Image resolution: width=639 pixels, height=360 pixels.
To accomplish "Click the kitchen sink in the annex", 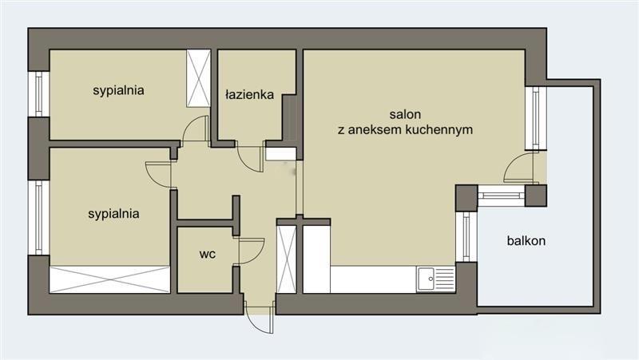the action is pyautogui.click(x=435, y=279).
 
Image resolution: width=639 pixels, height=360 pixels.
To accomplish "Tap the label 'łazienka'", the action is pyautogui.click(x=249, y=95).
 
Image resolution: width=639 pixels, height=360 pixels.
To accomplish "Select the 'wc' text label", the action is pyautogui.click(x=208, y=254).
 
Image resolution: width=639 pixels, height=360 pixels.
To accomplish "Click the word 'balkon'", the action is pyautogui.click(x=526, y=241).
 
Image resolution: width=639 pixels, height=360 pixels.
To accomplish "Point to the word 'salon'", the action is pyautogui.click(x=405, y=114).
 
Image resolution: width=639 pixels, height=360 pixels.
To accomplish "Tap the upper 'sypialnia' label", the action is pyautogui.click(x=118, y=90).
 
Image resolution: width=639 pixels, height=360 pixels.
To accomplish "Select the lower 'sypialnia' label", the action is pyautogui.click(x=113, y=214).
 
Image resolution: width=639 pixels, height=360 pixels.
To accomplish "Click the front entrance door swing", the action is pyautogui.click(x=259, y=318).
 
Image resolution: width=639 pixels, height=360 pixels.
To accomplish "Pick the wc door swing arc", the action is pyautogui.click(x=252, y=251).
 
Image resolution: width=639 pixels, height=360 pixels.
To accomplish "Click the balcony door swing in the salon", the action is pyautogui.click(x=518, y=168).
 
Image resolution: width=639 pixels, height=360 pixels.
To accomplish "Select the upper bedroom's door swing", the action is pyautogui.click(x=195, y=129).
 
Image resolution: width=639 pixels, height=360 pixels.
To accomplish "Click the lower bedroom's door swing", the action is pyautogui.click(x=158, y=174).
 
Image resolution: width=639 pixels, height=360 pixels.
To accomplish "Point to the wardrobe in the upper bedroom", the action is pyautogui.click(x=198, y=78).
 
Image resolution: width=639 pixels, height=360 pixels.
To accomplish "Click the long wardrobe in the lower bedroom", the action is pyautogui.click(x=109, y=279).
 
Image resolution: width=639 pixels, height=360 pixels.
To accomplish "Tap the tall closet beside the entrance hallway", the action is pyautogui.click(x=287, y=259).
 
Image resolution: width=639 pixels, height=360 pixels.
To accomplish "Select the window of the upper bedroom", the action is pyautogui.click(x=38, y=94).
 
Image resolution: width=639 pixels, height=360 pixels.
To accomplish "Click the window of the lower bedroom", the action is pyautogui.click(x=38, y=217).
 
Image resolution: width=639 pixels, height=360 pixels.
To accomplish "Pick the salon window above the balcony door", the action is pyautogui.click(x=536, y=118).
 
